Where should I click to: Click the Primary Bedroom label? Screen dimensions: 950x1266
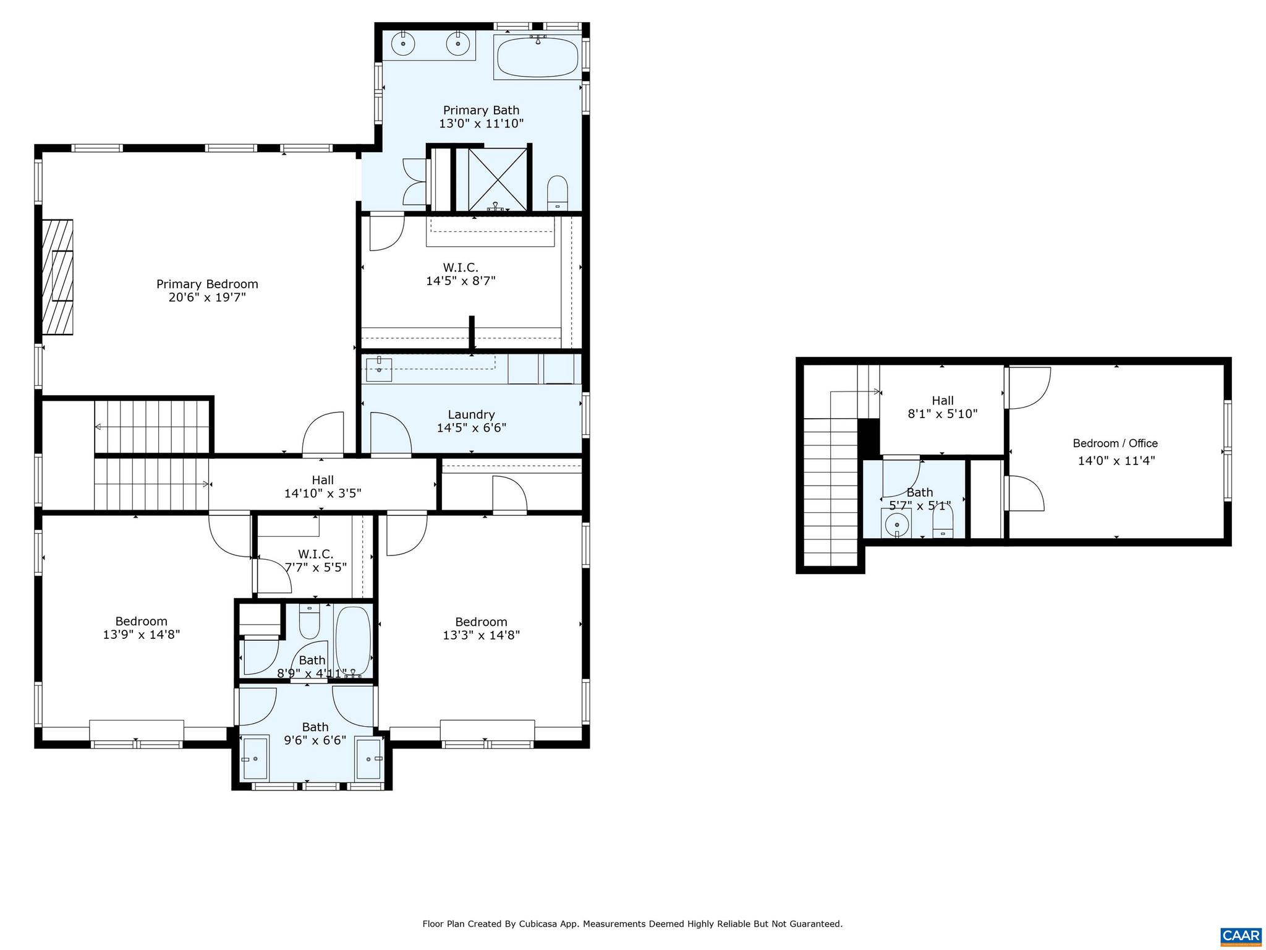(x=207, y=284)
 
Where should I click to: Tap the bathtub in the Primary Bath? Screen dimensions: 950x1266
(x=537, y=58)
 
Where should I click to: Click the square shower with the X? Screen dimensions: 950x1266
(x=498, y=178)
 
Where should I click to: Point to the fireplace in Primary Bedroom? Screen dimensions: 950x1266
(x=57, y=277)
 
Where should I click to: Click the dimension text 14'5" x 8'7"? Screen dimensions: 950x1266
(x=461, y=281)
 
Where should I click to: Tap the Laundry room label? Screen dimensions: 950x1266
(x=471, y=414)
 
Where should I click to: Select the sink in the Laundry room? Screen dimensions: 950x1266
(x=378, y=370)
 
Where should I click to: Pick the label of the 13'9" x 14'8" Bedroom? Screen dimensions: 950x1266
(x=141, y=622)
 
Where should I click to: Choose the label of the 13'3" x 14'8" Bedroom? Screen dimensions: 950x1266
(x=481, y=622)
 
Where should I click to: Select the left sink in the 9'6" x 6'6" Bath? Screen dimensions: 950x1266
(x=254, y=758)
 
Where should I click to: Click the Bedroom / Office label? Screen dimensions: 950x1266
(x=1115, y=443)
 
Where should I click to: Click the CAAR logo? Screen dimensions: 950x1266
(x=1241, y=935)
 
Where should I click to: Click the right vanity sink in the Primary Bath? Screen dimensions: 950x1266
(x=458, y=44)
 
